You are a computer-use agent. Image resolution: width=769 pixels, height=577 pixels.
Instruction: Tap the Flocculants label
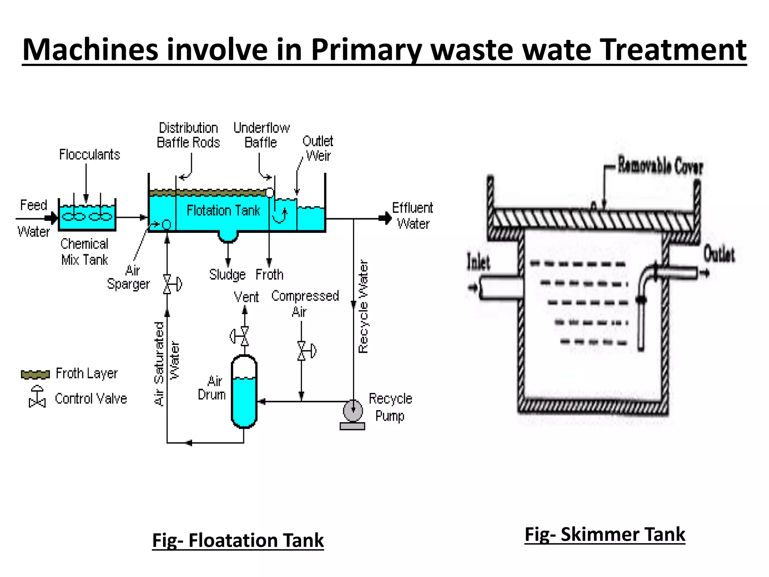(89, 154)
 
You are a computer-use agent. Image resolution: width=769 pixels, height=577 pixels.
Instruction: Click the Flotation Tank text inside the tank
(223, 210)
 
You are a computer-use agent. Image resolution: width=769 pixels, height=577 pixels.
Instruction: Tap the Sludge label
(227, 275)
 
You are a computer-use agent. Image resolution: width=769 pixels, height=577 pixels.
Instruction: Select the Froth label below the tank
(269, 275)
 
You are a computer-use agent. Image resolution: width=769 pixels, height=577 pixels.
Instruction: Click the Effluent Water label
(412, 216)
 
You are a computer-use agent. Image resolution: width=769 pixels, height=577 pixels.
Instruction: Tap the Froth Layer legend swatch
(35, 374)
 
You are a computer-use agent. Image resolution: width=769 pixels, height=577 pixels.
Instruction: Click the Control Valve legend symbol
(37, 397)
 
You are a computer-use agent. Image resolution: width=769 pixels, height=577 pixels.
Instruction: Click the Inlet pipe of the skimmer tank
(499, 288)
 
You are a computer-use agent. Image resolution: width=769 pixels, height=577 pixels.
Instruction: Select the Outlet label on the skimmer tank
(719, 254)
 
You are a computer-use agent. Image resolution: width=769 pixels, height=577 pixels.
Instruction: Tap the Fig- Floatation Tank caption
(238, 541)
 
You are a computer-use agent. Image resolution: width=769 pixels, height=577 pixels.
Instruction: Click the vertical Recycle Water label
(363, 307)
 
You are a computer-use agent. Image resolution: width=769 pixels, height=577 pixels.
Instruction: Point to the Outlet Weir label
(318, 148)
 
